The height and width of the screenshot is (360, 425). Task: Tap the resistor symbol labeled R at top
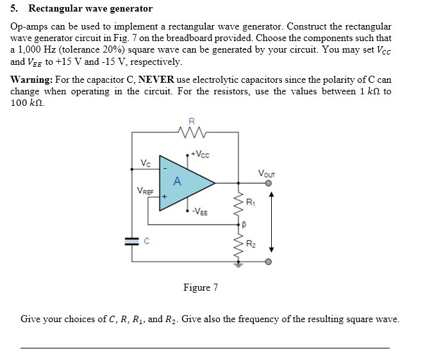[192, 133]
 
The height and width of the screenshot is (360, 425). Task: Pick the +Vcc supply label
[200, 154]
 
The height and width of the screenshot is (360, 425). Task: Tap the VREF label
[145, 190]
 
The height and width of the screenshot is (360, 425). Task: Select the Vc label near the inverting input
[146, 164]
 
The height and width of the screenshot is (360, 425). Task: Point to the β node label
[244, 225]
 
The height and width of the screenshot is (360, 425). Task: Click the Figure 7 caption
[200, 287]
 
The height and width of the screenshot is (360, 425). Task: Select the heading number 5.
[15, 9]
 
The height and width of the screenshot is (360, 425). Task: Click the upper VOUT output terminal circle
[269, 183]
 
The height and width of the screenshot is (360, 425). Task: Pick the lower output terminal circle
[269, 262]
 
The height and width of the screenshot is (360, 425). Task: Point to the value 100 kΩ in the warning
[28, 103]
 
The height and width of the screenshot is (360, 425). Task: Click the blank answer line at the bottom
[205, 348]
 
